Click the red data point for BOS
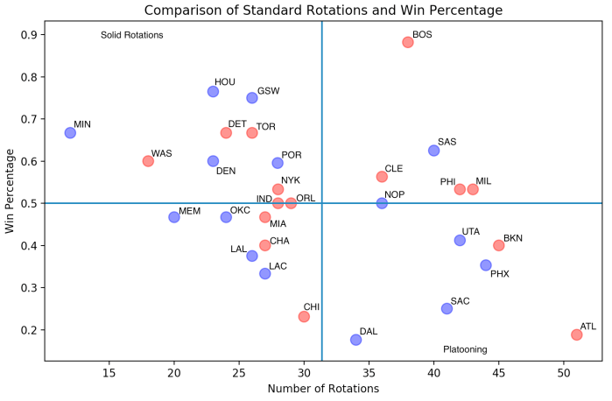(408, 42)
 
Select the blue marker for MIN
(70, 132)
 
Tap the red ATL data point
(577, 334)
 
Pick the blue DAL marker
(355, 340)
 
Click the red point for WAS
(148, 161)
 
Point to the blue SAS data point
(433, 151)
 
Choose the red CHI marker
(304, 316)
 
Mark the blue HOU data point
(213, 91)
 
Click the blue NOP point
(382, 203)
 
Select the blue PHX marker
(486, 265)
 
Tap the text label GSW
(269, 90)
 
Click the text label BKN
(513, 238)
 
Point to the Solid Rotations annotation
(132, 35)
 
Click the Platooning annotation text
(465, 349)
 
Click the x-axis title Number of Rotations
(323, 389)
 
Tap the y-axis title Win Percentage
(11, 191)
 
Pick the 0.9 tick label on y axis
(28, 35)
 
